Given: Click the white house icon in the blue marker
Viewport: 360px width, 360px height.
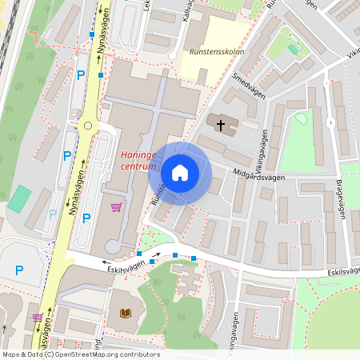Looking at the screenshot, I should pyautogui.click(x=180, y=172).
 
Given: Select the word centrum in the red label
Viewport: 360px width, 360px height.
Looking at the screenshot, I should pyautogui.click(x=138, y=166).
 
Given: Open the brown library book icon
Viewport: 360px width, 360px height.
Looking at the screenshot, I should pyautogui.click(x=124, y=313).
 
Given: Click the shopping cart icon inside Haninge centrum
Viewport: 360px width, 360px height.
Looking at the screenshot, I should pyautogui.click(x=117, y=207).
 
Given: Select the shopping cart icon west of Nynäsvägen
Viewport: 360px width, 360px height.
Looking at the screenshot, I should pyautogui.click(x=38, y=318).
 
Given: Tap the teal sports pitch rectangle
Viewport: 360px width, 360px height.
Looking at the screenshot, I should pyautogui.click(x=19, y=198).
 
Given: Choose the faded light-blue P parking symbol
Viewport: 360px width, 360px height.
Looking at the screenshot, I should pyautogui.click(x=53, y=214).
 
